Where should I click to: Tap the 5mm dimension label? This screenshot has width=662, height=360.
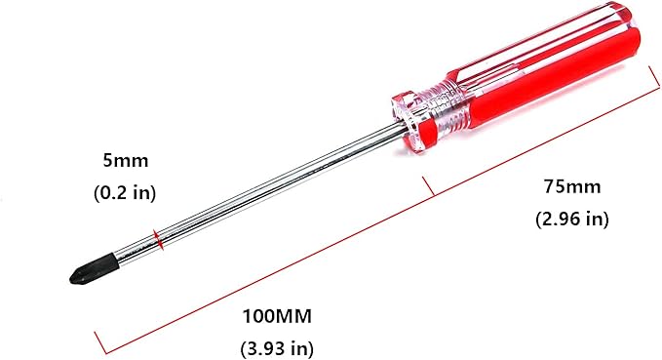point(126,161)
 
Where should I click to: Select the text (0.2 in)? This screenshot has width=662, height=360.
point(125,192)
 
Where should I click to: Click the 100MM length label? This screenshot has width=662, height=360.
point(277,316)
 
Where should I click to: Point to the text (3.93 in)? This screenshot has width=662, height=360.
point(277,348)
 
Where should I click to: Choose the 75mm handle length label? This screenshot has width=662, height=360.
point(572,186)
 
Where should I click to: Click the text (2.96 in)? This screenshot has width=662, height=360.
point(572,219)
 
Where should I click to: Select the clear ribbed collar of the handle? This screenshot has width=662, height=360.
point(448,109)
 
